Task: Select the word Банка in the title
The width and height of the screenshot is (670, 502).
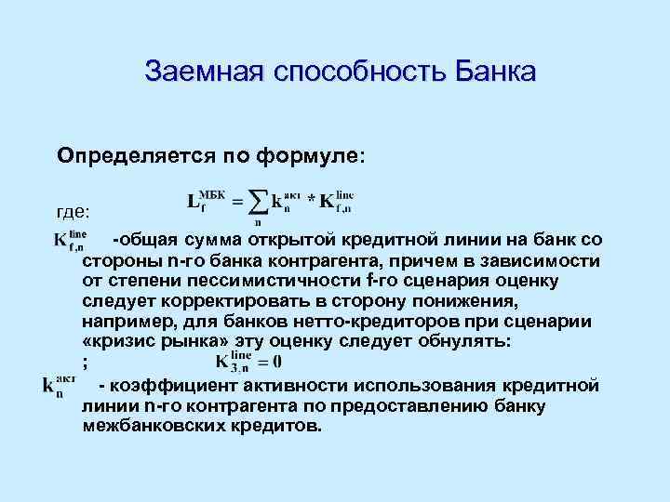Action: [x=492, y=72]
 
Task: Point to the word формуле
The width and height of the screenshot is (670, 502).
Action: [x=317, y=153]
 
